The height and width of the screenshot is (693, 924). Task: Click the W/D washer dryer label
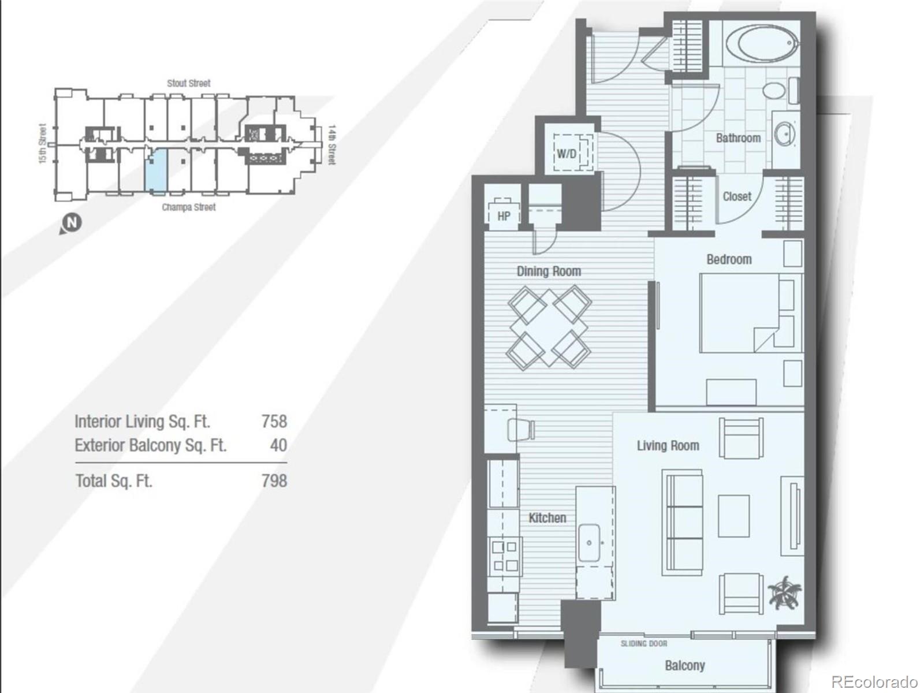pos(566,154)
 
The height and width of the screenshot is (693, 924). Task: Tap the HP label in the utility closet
pos(504,216)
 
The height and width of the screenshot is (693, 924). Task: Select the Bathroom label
pos(737,138)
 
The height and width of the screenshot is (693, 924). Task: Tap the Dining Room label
pos(548,271)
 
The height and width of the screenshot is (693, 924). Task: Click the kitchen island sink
pos(590,543)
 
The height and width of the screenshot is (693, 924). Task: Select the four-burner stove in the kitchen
pos(505,556)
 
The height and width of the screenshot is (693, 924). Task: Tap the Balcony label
pos(684,665)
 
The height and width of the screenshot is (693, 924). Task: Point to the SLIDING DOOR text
pos(643,643)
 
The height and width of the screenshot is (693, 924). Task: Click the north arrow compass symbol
pos(72,222)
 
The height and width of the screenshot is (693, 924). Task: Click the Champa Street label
pos(188,207)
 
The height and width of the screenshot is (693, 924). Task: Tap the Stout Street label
pos(189,83)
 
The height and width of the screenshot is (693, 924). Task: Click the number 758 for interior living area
pos(274,421)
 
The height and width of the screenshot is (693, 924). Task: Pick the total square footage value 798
pos(274,480)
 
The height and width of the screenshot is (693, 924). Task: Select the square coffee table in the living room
pos(733,515)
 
